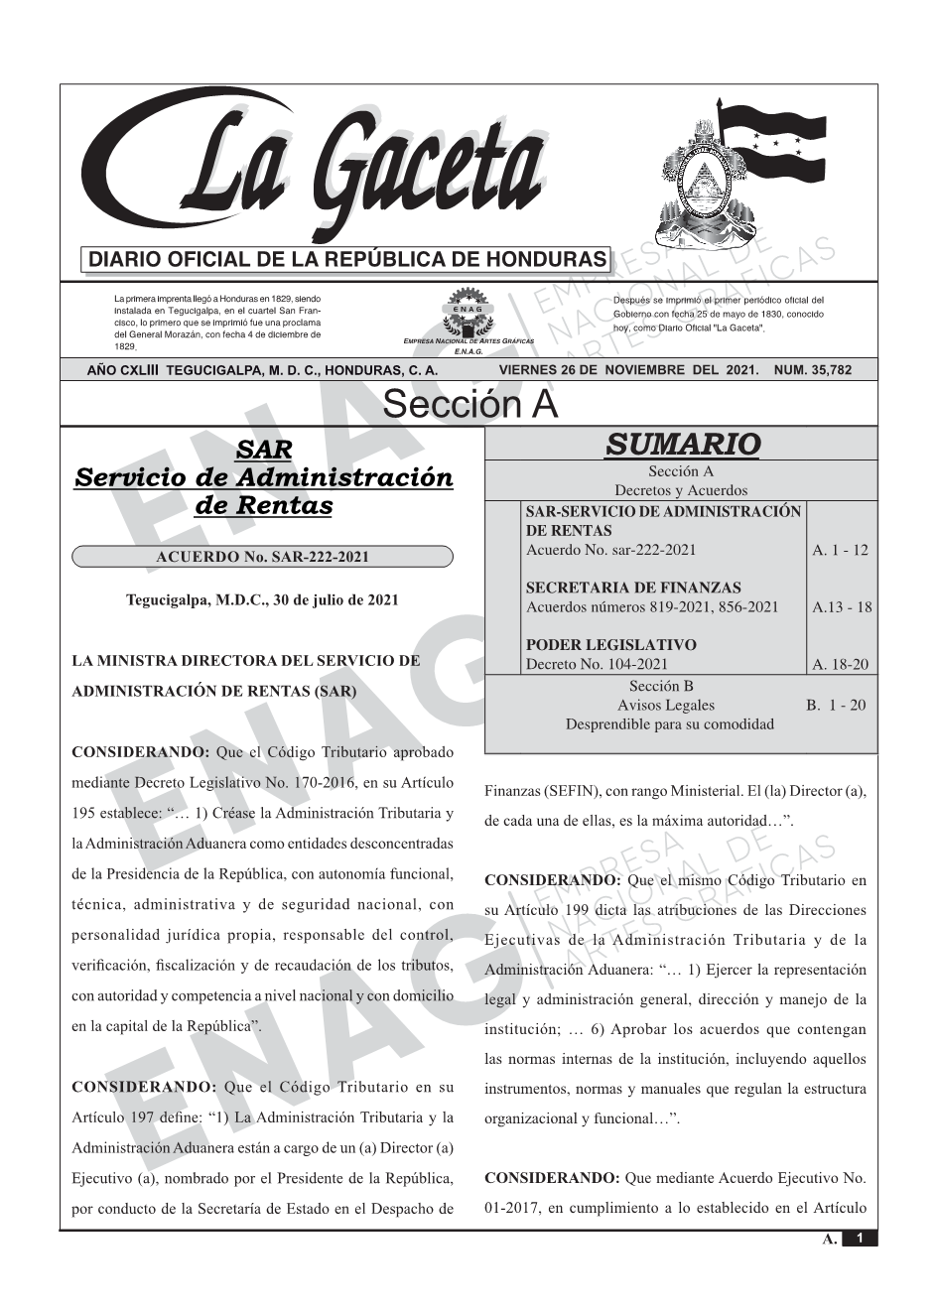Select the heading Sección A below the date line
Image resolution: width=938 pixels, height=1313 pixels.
coord(469,405)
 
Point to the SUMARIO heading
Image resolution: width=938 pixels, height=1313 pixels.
coord(682,444)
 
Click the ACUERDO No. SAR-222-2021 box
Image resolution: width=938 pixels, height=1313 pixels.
coord(262,557)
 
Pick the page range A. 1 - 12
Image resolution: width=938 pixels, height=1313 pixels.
coord(840,550)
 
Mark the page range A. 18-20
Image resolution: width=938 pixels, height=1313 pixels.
coord(840,665)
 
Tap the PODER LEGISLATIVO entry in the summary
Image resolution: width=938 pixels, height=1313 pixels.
coord(610,645)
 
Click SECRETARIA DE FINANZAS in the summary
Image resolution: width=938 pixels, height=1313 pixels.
coord(632,588)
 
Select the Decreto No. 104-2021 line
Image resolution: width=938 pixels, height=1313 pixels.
coord(597,664)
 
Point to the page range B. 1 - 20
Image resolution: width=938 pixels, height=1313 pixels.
coord(836,705)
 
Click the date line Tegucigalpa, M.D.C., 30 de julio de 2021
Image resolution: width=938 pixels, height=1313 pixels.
coord(262,600)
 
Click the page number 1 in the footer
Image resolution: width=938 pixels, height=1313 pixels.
coord(860,1238)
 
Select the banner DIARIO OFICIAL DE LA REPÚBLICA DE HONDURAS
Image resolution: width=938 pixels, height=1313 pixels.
coord(347,260)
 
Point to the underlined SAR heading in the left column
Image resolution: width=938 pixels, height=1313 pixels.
coord(263,451)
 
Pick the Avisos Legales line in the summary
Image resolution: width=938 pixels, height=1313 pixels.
coord(665,705)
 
